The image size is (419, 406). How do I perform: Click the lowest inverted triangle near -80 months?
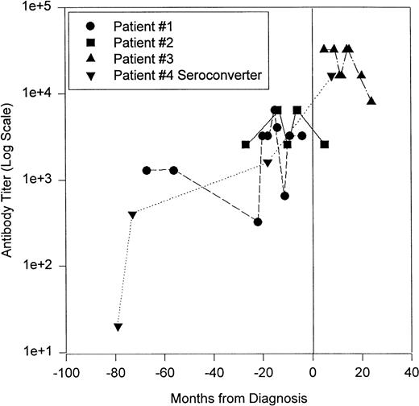(118, 326)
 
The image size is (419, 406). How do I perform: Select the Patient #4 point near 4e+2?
(132, 214)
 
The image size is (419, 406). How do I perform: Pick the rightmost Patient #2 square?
(325, 144)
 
